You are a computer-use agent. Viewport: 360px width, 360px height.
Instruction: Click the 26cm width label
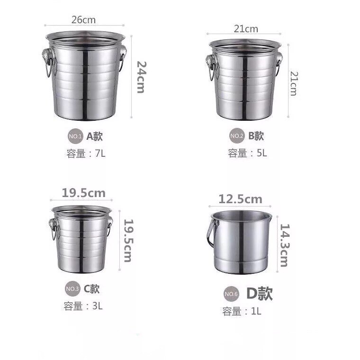point(83,20)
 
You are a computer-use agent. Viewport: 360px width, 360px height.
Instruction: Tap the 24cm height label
point(140,77)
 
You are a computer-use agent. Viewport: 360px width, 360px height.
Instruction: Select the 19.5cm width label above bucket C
point(83,193)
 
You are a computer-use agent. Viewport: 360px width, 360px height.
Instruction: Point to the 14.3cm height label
point(285,245)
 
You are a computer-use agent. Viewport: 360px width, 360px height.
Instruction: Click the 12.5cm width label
point(240,199)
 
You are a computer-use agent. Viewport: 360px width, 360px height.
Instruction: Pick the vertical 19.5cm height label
point(128,241)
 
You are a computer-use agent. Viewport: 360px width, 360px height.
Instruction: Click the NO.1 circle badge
point(75,136)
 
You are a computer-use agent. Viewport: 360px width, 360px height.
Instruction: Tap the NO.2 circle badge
point(237,135)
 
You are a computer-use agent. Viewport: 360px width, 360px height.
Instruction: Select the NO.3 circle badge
point(72,288)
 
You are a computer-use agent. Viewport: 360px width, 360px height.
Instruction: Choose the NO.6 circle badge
point(231,294)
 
